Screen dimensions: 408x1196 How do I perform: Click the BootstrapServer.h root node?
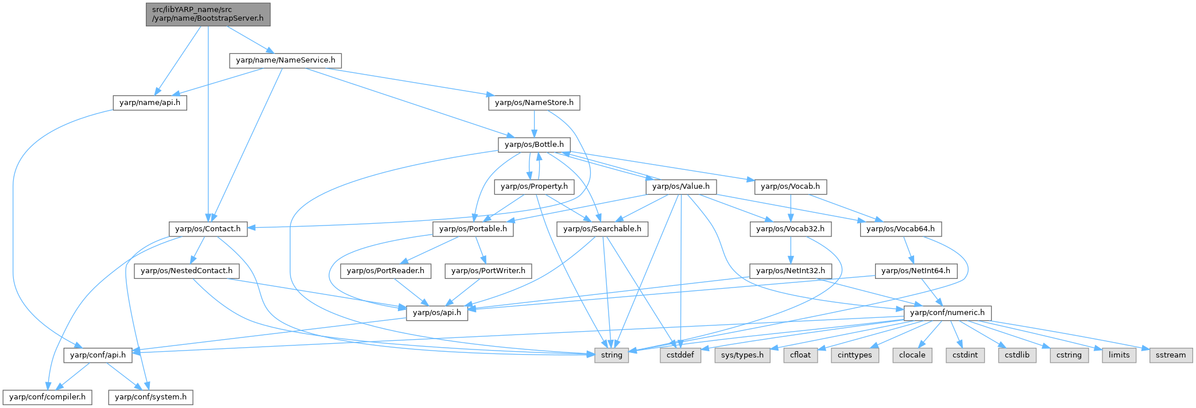208,14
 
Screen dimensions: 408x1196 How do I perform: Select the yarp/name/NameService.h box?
285,60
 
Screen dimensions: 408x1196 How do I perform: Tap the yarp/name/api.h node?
150,103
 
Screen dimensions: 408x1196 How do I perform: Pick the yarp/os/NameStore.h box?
534,103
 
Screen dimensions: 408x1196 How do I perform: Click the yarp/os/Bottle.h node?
534,145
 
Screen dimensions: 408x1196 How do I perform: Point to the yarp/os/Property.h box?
534,186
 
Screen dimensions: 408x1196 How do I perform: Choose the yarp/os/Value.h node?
681,186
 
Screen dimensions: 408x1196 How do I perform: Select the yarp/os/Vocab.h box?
791,186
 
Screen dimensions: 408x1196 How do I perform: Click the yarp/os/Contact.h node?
208,229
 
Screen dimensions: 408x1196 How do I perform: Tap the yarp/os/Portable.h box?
473,229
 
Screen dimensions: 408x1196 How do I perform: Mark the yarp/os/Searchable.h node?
602,229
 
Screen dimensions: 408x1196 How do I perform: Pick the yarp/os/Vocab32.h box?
791,229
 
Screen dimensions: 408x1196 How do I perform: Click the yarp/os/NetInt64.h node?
915,271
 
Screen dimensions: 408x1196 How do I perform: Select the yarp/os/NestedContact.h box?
187,271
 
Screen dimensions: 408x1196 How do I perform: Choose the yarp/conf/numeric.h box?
947,313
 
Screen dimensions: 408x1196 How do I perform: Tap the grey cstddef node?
680,355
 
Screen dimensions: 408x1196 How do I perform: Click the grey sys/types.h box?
742,355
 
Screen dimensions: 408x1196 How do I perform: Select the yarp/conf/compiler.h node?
47,397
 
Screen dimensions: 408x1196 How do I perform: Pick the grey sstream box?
1171,355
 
